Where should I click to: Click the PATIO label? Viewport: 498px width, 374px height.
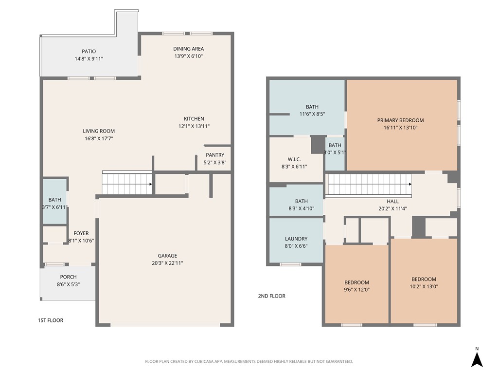point(89,51)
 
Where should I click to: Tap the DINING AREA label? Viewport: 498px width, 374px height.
point(188,49)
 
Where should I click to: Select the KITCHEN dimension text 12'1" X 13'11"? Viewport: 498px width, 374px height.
point(194,126)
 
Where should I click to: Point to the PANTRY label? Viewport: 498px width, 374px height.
point(215,155)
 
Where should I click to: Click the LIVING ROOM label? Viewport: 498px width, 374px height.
point(99,131)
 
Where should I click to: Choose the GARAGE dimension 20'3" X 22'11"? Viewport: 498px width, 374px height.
point(167,263)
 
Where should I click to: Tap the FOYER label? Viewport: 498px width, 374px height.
point(81,233)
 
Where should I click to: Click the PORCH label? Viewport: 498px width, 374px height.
point(68,277)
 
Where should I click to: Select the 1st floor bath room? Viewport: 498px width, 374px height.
point(55,202)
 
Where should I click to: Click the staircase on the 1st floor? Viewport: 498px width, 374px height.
point(126,184)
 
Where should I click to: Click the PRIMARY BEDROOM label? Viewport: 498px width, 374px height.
point(400,120)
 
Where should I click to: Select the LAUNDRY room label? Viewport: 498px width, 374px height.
point(296,239)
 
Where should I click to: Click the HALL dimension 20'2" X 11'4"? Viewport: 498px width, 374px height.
point(392,209)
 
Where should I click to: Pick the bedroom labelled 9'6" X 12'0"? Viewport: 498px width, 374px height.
point(356,285)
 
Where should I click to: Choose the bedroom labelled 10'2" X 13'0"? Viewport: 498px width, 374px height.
point(424,282)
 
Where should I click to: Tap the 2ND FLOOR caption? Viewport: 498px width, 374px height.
point(271,296)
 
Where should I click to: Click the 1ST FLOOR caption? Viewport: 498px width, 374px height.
point(51,320)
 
